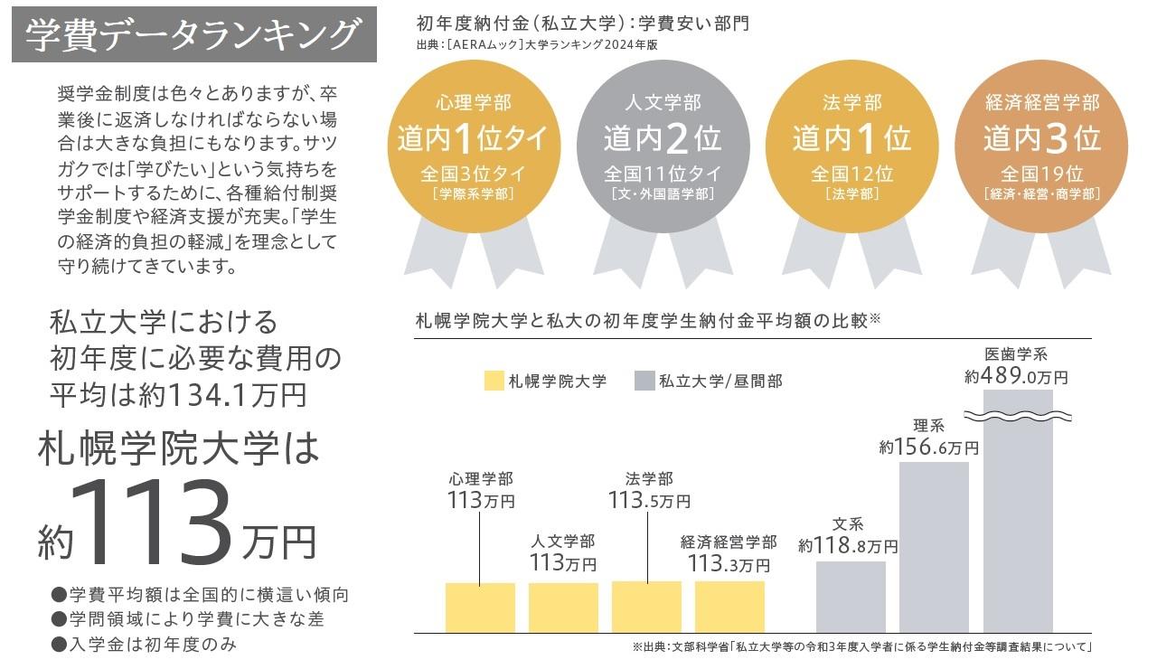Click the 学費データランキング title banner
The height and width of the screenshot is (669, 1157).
pyautogui.click(x=193, y=35)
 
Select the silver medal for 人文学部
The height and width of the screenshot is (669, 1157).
pyautogui.click(x=663, y=145)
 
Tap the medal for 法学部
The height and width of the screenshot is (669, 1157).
pyautogui.click(x=851, y=145)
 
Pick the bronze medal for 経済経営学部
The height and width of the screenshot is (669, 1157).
pyautogui.click(x=1041, y=145)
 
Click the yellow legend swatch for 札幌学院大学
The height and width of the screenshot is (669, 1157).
pyautogui.click(x=493, y=381)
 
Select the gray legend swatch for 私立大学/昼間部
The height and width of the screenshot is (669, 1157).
pyautogui.click(x=644, y=381)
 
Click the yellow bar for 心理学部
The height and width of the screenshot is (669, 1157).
pyautogui.click(x=480, y=608)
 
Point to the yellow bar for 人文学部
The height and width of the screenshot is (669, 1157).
pyautogui.click(x=563, y=608)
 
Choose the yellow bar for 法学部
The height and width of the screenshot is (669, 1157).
pyautogui.click(x=646, y=607)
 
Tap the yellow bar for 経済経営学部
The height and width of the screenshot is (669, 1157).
pyautogui.click(x=729, y=607)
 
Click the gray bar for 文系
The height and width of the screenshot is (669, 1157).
pyautogui.click(x=851, y=597)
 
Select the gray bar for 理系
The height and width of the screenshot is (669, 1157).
pyautogui.click(x=934, y=547)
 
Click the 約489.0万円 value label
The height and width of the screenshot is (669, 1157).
pyautogui.click(x=1016, y=376)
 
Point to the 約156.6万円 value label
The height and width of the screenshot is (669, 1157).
pyautogui.click(x=929, y=447)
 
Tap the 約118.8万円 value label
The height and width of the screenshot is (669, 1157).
pyautogui.click(x=848, y=545)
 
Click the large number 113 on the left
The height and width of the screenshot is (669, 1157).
pyautogui.click(x=160, y=523)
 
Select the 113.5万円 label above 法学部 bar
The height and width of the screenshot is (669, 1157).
pyautogui.click(x=649, y=500)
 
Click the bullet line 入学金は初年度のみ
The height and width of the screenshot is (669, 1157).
pyautogui.click(x=149, y=644)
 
